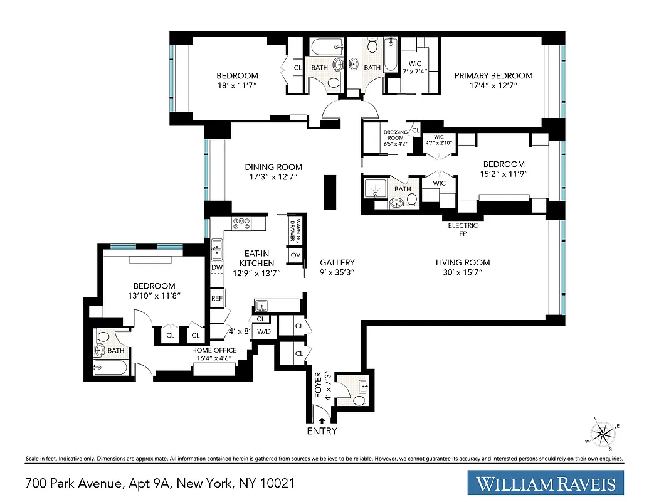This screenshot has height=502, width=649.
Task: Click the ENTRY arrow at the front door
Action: pos(322,421)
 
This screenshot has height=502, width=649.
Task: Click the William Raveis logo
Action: pos(546,483)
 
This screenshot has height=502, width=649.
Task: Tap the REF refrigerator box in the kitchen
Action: pos(217,299)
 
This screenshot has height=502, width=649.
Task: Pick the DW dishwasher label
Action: pos(217,268)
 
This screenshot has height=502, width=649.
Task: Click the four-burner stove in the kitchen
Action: pos(241,222)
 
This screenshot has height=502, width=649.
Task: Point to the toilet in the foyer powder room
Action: pos(358,400)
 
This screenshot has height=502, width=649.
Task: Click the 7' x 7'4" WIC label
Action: pos(415,67)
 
